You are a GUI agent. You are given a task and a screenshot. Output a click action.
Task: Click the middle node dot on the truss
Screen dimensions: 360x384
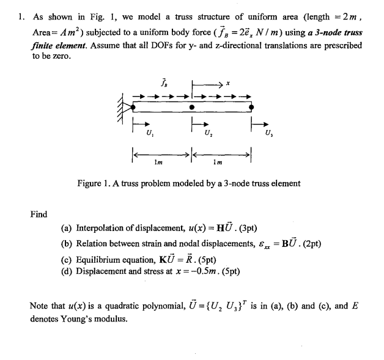coord(192,107)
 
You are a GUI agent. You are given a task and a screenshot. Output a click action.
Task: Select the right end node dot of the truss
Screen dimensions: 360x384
coord(251,107)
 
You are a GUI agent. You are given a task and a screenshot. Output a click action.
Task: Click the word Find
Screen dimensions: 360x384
coord(39,214)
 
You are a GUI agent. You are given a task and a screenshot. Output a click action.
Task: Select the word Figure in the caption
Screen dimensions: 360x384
coord(91,183)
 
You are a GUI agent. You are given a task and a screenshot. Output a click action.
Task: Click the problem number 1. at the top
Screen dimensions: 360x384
coord(21,17)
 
